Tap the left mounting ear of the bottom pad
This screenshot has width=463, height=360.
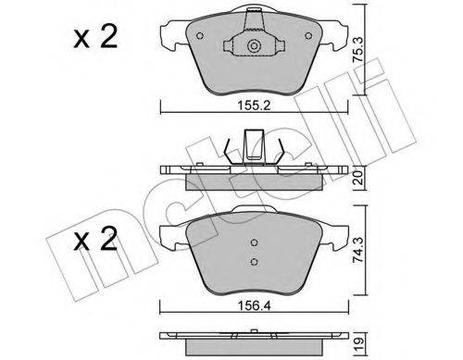(168, 238)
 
